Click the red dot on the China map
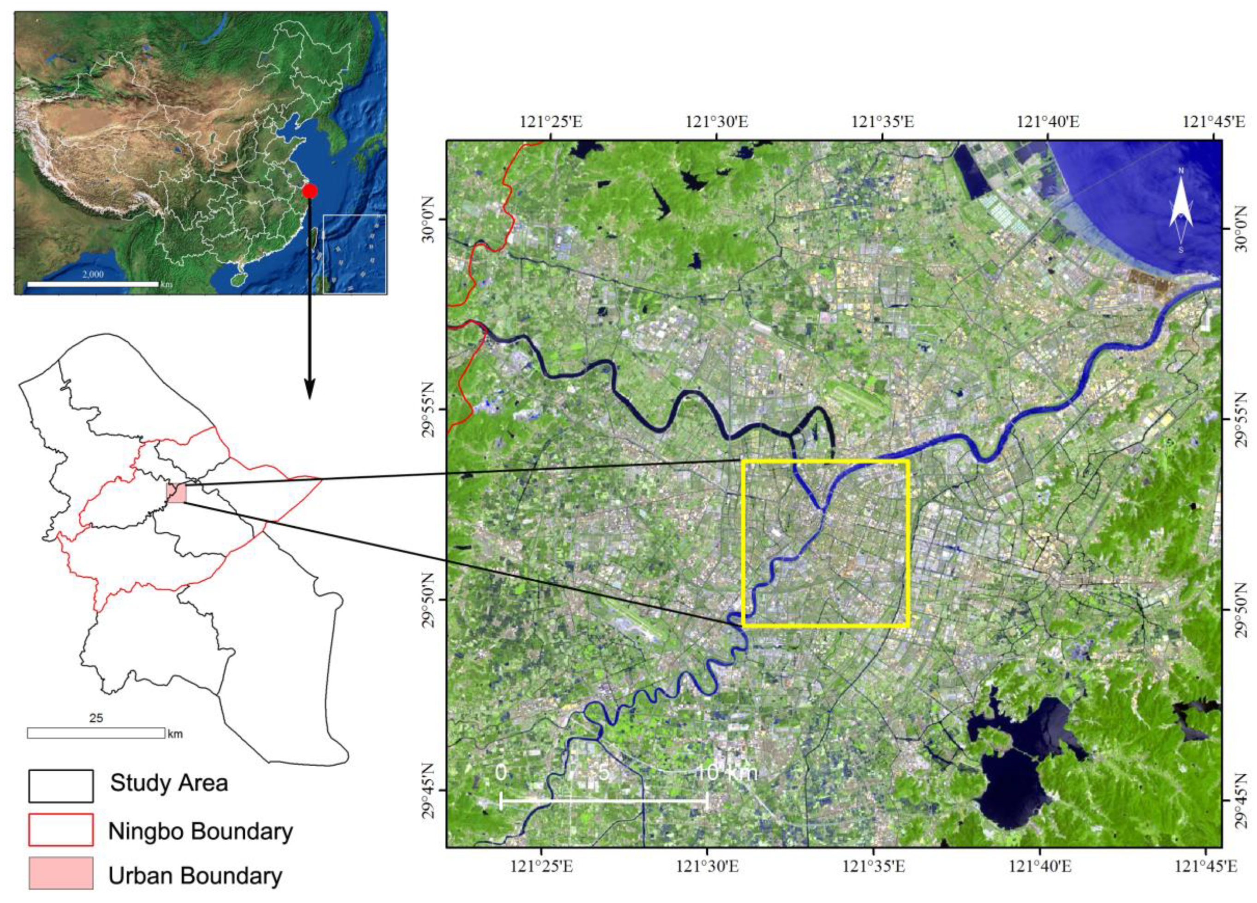click(x=310, y=190)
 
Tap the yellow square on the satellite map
click(x=825, y=543)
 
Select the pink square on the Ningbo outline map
click(x=176, y=493)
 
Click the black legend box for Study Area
click(x=61, y=786)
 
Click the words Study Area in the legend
click(x=169, y=783)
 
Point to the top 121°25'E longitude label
click(x=551, y=121)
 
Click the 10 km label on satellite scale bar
click(x=726, y=772)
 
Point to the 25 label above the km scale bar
click(x=96, y=719)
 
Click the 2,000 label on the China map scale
click(x=93, y=274)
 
